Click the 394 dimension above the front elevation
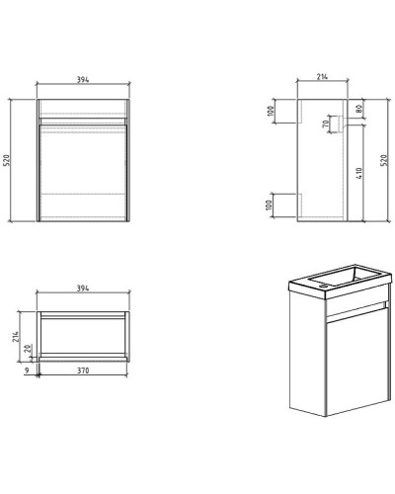click(x=83, y=82)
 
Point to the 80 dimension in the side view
click(x=359, y=109)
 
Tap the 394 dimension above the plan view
click(x=83, y=288)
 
